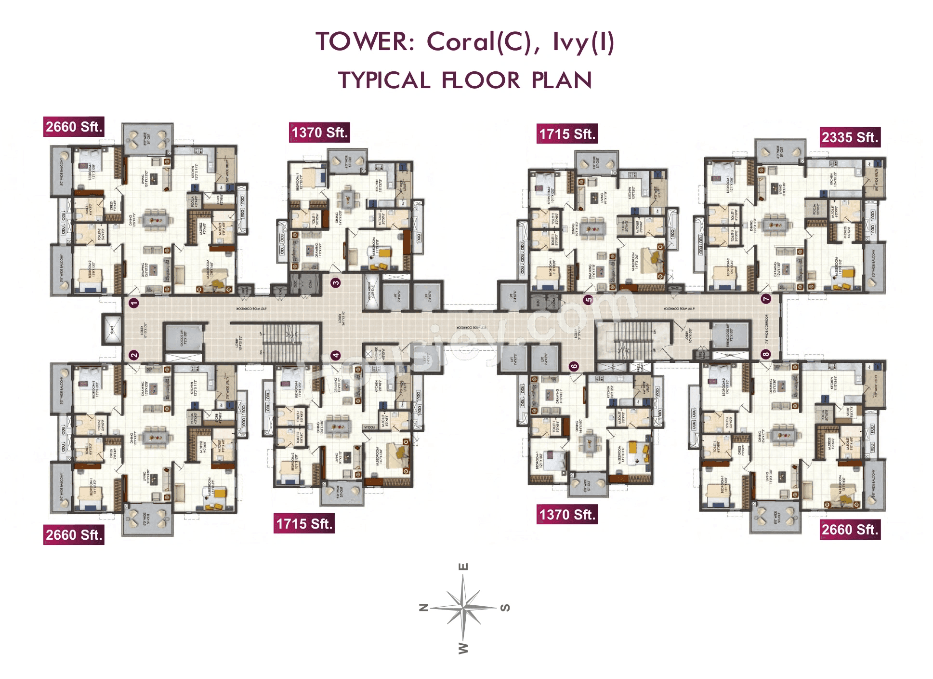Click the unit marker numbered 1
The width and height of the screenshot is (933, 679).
point(134,303)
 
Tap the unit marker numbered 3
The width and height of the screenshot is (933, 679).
point(336,282)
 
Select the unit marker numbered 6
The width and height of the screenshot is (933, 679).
point(574,366)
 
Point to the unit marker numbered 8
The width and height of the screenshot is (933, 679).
point(766,354)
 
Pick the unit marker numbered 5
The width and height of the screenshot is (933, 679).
point(588,300)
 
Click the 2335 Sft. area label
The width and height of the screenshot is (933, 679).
point(850,137)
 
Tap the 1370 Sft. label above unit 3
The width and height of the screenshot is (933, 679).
point(319,133)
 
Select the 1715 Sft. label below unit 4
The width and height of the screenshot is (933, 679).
point(304,524)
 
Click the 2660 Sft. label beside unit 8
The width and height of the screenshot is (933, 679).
point(850,530)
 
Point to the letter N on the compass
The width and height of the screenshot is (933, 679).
point(424,607)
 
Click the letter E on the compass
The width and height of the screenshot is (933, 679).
point(463,567)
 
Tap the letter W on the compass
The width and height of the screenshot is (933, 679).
point(463,648)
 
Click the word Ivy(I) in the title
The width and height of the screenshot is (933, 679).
point(583,41)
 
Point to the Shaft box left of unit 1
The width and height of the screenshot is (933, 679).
point(112,330)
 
